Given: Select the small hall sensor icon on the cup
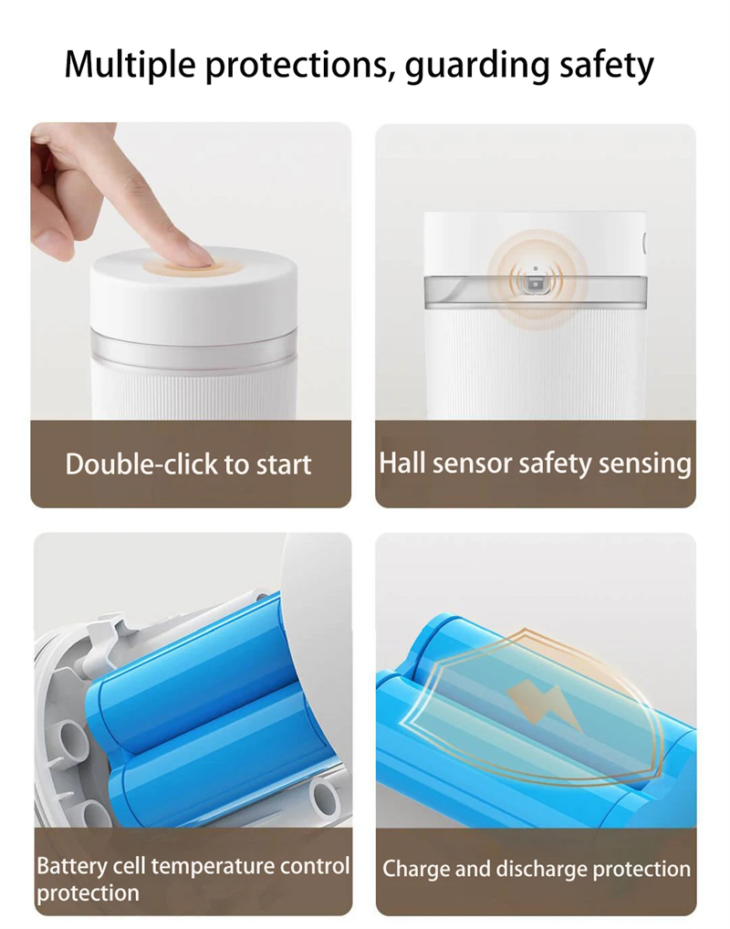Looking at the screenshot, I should click(x=534, y=286).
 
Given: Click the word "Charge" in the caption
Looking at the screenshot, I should click(x=416, y=869).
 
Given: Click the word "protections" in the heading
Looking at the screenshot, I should click(x=286, y=66).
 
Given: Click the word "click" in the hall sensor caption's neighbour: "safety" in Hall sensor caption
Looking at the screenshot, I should click(x=556, y=463).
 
